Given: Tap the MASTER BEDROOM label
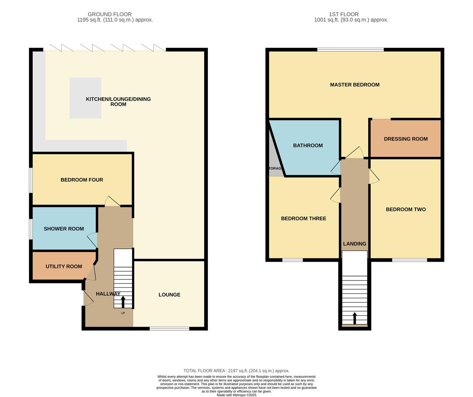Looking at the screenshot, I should [355, 85].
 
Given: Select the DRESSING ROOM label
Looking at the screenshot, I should [406, 139].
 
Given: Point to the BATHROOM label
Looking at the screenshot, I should [308, 146].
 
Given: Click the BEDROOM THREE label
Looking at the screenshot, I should [303, 218].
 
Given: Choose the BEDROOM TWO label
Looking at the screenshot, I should [406, 210].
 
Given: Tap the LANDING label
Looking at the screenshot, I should [355, 244].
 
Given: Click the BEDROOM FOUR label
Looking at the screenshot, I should [82, 180].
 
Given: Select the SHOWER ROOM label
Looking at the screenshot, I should [64, 229].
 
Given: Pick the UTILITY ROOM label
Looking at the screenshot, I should [64, 267].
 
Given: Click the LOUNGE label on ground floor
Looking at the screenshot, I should [169, 295].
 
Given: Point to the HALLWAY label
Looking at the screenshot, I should [108, 294].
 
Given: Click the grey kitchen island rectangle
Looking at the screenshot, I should [85, 98].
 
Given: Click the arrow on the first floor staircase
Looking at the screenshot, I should [355, 318].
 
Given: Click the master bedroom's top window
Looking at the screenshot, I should [351, 49].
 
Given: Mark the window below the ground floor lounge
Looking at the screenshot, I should [169, 329].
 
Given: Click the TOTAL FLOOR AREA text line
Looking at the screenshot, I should [236, 371].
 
